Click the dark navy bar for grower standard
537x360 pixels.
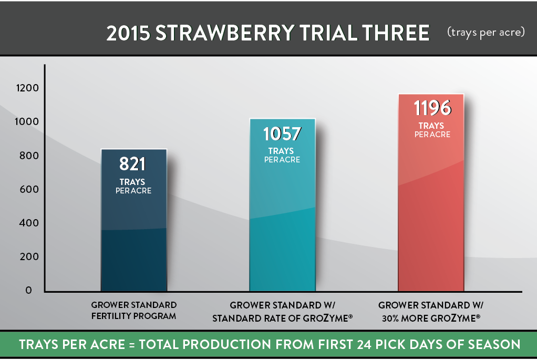tap(134, 220)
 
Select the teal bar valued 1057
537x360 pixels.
tap(282, 205)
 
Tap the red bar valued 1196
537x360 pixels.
tap(431, 192)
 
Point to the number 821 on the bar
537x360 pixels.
tap(132, 164)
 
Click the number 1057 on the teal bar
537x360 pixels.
tap(282, 133)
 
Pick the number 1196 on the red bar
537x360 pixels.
tap(432, 108)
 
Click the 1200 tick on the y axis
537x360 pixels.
tap(27, 88)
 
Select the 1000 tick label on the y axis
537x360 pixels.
tap(27, 121)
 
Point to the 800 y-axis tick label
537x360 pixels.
tap(29, 156)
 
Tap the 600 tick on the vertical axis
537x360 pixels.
tap(29, 189)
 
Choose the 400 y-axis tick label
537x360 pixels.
tap(29, 223)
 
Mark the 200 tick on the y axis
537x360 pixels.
tap(29, 256)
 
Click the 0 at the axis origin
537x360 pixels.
tap(29, 290)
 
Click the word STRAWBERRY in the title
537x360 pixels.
tap(225, 33)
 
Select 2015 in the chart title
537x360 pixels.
tap(128, 33)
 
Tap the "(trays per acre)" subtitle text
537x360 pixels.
tap(486, 32)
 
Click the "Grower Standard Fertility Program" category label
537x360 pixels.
tap(134, 310)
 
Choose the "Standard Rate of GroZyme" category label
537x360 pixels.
tap(282, 318)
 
